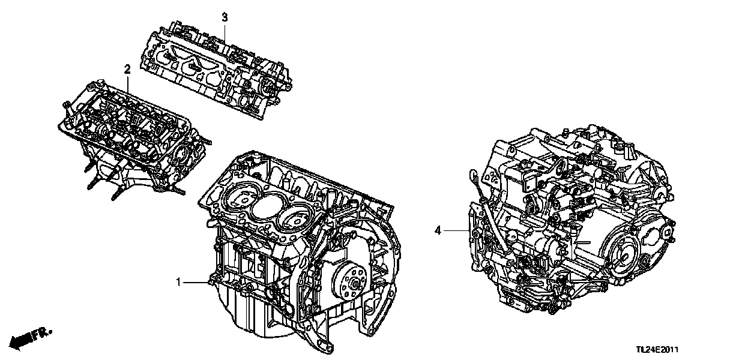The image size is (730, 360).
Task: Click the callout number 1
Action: point(178,281)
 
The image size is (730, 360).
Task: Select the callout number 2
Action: point(127,70)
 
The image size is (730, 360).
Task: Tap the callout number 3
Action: point(225,17)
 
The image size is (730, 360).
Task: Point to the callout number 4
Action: point(438,230)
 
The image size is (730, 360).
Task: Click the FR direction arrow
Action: point(33,337)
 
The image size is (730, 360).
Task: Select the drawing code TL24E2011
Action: point(660,349)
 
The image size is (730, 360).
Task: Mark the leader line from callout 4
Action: point(456,230)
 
